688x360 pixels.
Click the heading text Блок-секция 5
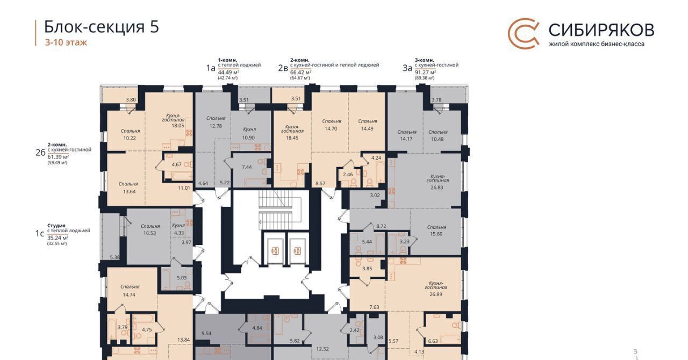click(x=102, y=27)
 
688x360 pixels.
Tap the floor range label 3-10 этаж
click(x=66, y=42)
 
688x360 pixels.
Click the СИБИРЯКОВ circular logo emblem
click(x=524, y=33)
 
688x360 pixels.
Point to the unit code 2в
click(x=283, y=68)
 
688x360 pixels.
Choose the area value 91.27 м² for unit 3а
click(x=425, y=72)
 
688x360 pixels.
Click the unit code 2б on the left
click(x=40, y=153)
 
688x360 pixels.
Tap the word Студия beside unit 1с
click(x=56, y=226)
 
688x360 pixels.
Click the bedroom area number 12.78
click(x=216, y=126)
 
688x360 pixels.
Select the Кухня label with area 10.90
click(x=249, y=129)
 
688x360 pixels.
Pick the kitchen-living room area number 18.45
click(x=292, y=138)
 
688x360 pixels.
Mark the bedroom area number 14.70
click(x=331, y=129)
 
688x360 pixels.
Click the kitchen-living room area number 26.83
click(x=437, y=188)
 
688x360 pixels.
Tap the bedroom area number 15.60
click(x=436, y=234)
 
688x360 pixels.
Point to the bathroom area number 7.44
click(x=247, y=167)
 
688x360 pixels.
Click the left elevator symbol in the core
click(x=275, y=251)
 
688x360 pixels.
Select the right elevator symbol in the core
click(x=297, y=251)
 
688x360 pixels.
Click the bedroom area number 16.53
click(x=149, y=233)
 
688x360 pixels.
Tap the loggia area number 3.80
click(x=131, y=99)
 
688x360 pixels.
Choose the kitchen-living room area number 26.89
click(x=436, y=294)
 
